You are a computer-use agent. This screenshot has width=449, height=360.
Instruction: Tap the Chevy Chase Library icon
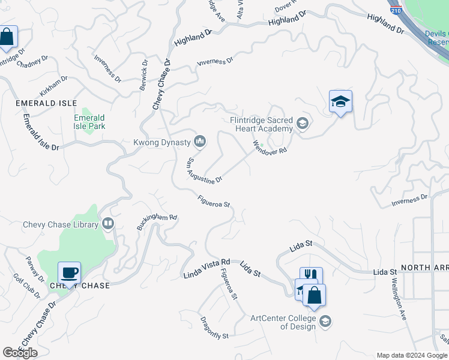point(108,224)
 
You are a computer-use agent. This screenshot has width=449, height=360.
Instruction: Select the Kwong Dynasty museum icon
point(200,142)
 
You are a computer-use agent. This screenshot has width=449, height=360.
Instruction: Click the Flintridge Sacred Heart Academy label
point(262,124)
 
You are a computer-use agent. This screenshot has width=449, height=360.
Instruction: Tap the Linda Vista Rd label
point(206,269)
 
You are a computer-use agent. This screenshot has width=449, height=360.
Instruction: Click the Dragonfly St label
point(214,326)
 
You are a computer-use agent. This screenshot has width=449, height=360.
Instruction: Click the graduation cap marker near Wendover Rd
point(340,101)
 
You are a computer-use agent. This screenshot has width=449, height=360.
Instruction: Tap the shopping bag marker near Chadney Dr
point(7,37)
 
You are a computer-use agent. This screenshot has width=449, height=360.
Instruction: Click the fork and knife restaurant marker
point(311,275)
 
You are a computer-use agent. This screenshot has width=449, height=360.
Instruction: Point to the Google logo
point(20,353)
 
